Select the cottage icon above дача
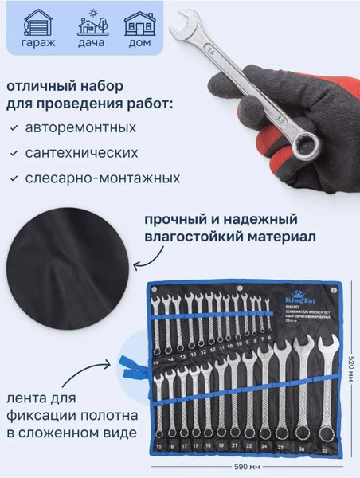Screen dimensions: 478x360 89,23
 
